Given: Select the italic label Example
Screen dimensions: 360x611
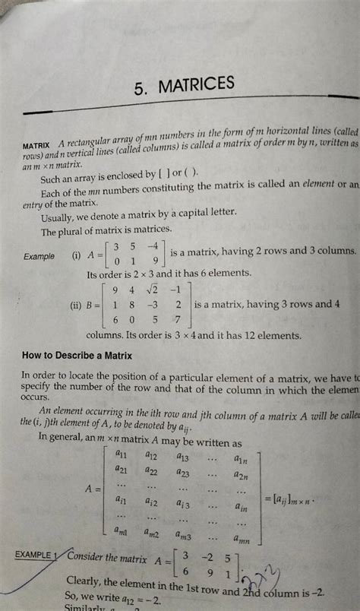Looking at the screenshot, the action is click(x=39, y=257).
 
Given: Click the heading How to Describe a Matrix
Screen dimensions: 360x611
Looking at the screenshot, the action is click(x=77, y=355).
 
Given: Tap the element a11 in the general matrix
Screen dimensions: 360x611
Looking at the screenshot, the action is click(x=121, y=454).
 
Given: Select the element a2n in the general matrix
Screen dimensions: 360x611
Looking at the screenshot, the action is click(x=242, y=476).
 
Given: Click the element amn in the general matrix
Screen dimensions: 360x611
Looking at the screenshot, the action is click(x=242, y=539).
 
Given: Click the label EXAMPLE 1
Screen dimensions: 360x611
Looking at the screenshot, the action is click(x=35, y=556).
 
